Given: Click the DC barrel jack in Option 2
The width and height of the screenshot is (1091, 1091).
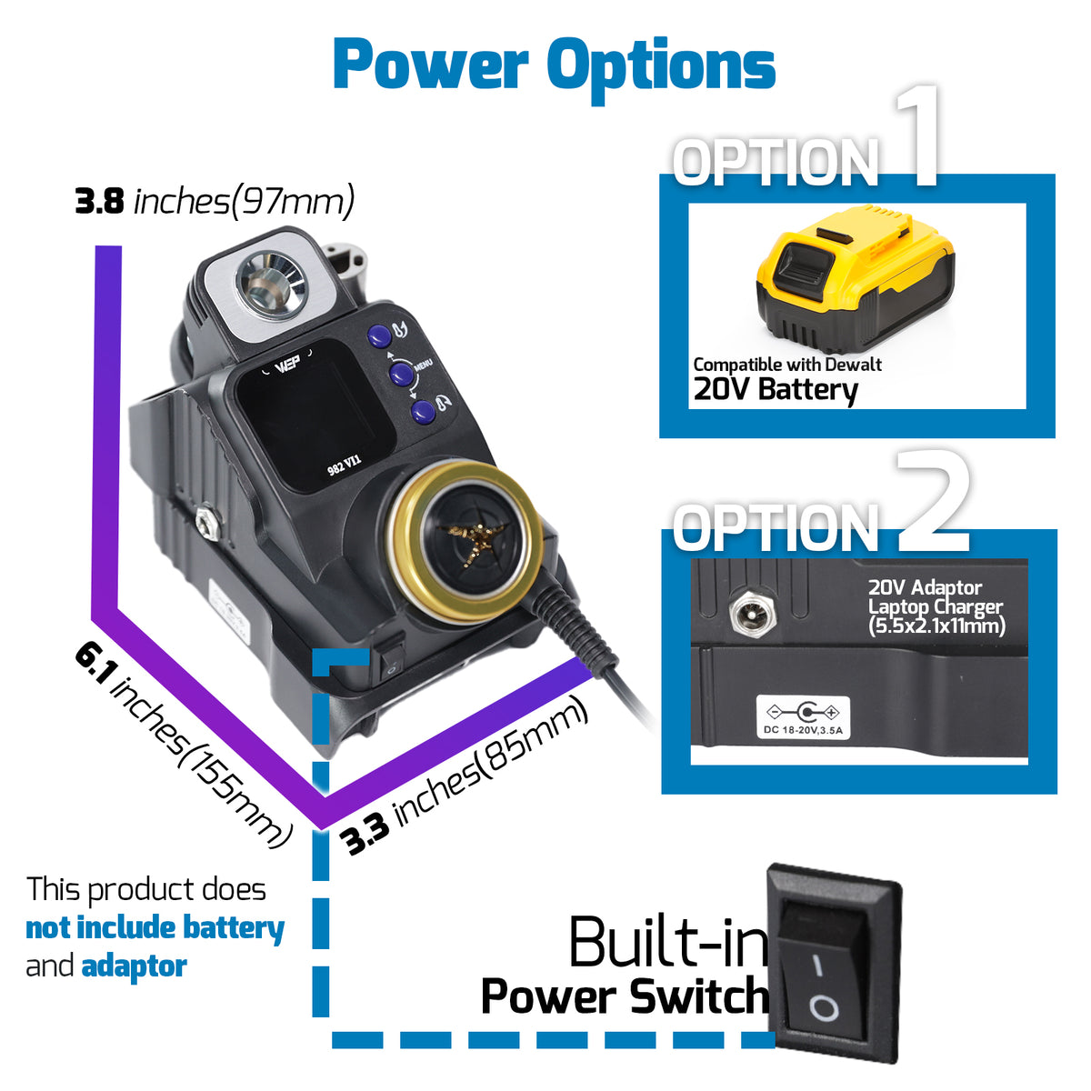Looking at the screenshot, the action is tap(752, 612).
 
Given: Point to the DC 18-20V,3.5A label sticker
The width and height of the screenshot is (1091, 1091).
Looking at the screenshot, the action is tap(803, 717).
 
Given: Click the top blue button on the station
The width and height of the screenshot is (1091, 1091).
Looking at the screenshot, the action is tap(379, 336).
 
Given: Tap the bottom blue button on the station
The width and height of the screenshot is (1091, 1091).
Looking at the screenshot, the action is tap(423, 412).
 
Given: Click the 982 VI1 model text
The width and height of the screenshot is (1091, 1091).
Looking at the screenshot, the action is tap(345, 465).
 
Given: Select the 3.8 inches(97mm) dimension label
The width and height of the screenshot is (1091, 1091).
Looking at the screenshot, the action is tap(215, 201).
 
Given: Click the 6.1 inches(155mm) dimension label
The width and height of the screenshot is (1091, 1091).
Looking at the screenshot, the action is tap(184, 746).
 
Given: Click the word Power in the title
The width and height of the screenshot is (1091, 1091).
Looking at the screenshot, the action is tap(431, 64).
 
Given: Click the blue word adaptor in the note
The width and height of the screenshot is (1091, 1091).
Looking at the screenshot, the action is tap(135, 966).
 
